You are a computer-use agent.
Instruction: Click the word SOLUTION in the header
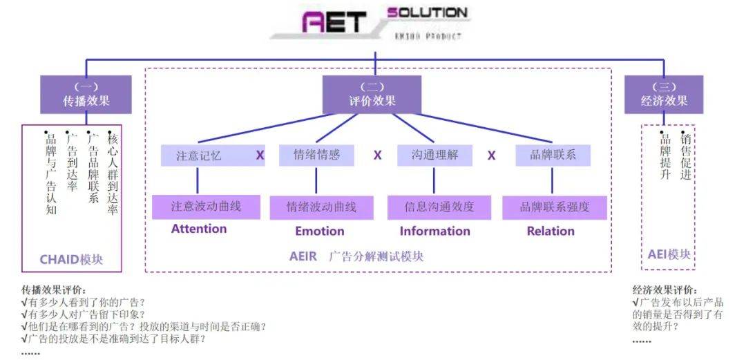tap(428, 12)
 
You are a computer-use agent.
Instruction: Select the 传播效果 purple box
tap(86, 95)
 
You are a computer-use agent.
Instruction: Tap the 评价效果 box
tap(372, 95)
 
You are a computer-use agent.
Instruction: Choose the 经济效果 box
tap(664, 95)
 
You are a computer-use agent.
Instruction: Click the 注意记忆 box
tap(199, 155)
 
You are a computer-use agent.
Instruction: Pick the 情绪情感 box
tap(317, 155)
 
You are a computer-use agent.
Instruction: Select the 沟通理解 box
tap(434, 155)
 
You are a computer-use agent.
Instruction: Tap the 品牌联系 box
tap(553, 155)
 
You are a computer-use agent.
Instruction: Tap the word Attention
tap(199, 229)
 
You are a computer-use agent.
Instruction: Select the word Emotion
tap(320, 231)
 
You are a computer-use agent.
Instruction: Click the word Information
tap(435, 231)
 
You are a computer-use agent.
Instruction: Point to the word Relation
tap(551, 231)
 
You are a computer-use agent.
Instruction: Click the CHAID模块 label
tap(71, 260)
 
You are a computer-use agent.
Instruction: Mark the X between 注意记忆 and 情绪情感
tap(260, 155)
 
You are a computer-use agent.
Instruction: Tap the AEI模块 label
tap(669, 254)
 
